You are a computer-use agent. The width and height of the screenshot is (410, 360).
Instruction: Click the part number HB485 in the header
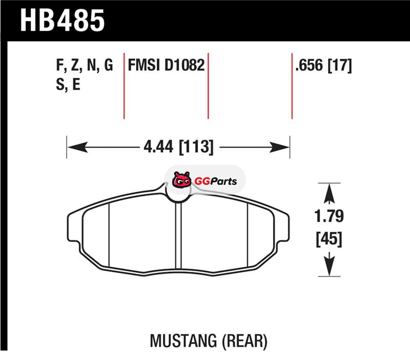click(62, 21)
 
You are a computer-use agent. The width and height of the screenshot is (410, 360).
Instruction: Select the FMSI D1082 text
click(166, 65)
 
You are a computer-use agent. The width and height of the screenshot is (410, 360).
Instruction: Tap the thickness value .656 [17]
click(323, 66)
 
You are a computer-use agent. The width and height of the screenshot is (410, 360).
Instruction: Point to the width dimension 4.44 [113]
click(178, 147)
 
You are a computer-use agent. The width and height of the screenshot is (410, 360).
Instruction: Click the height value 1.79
click(329, 216)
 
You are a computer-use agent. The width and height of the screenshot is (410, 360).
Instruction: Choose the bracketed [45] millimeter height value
click(329, 238)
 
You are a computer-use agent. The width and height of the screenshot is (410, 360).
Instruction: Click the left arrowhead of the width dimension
click(77, 147)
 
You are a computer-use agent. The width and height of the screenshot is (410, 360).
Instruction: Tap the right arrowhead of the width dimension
click(279, 147)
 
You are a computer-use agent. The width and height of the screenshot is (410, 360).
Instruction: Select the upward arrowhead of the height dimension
click(329, 193)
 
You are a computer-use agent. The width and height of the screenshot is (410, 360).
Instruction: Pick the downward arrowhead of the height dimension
click(329, 266)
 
